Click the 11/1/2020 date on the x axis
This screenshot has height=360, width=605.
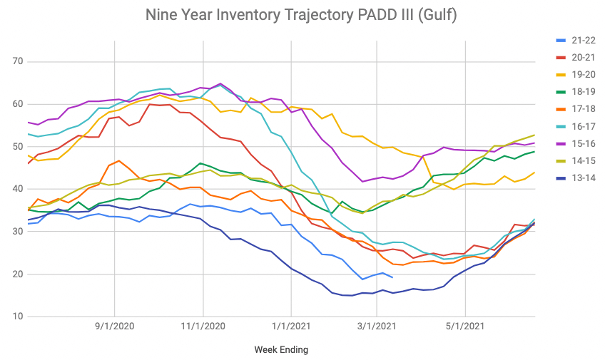coord(203,327)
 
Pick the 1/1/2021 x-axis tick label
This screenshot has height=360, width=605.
coord(291,327)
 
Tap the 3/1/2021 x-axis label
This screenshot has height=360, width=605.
coord(377,327)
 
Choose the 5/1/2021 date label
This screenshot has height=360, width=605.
coord(465,327)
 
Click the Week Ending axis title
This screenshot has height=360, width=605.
coord(281,349)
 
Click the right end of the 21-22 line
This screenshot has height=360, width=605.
coord(392,277)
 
